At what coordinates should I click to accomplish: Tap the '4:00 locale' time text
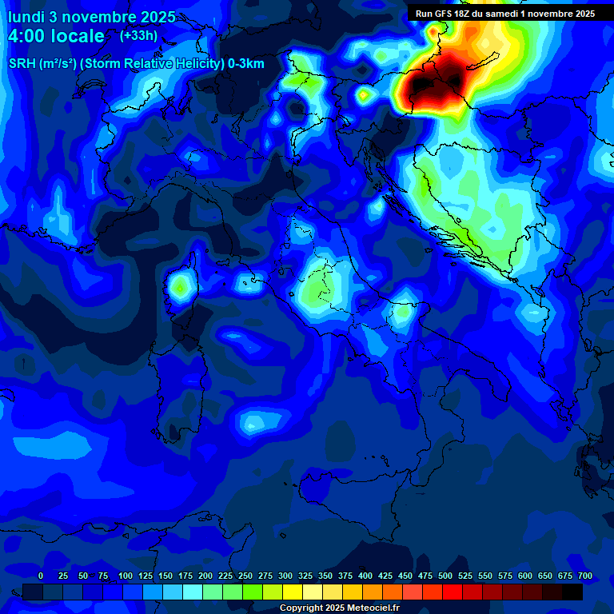click(56, 36)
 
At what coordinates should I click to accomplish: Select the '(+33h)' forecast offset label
click(138, 35)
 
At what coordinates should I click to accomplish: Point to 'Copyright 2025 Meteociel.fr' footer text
click(339, 608)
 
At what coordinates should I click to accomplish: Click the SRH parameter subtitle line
click(136, 64)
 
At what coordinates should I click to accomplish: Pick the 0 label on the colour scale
click(41, 576)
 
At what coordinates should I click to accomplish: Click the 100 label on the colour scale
click(126, 576)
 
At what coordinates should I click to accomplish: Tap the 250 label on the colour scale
click(245, 576)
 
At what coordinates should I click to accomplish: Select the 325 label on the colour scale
click(305, 576)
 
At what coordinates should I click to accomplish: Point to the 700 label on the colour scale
click(584, 576)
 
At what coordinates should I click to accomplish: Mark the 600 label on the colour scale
click(525, 576)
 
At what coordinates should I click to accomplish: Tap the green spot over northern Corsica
click(180, 285)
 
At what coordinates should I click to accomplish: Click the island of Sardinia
click(182, 376)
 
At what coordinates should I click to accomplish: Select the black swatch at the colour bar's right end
click(572, 592)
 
